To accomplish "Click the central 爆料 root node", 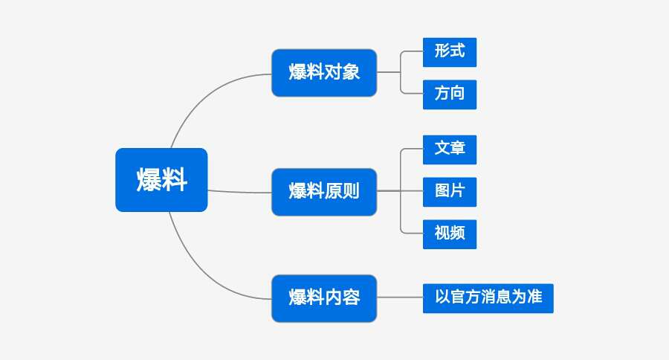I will [x=161, y=180].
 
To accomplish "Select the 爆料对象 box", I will [x=324, y=73].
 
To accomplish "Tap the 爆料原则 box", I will [x=324, y=192].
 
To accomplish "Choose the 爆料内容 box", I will [x=324, y=298].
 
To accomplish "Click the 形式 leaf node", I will [x=450, y=52].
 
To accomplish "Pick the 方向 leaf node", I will [x=450, y=94].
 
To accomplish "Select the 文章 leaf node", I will [x=450, y=149].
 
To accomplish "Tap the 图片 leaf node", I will [x=450, y=191].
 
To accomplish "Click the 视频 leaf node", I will [x=450, y=234].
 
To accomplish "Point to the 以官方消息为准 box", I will [x=488, y=298].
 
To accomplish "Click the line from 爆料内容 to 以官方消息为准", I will [x=400, y=298].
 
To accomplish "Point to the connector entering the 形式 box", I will [x=413, y=52].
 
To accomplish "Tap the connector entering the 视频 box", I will [x=413, y=234].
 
